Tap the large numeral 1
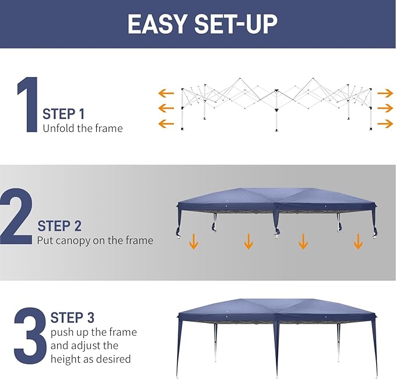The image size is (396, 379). (26, 105)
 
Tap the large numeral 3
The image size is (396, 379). (30, 336)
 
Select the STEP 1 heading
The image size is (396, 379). (64, 113)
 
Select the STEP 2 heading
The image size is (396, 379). (59, 226)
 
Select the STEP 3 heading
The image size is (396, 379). (72, 318)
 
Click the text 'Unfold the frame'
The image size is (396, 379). (83, 128)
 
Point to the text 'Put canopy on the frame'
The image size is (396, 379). (95, 240)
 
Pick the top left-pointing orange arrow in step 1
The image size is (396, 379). (166, 93)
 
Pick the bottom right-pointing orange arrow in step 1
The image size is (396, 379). (385, 123)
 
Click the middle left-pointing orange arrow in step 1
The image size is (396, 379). (166, 108)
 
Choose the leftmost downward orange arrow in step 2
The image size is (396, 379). (194, 241)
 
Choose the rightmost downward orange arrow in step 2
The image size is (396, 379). (358, 241)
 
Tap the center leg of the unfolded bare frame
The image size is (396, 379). (276, 114)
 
